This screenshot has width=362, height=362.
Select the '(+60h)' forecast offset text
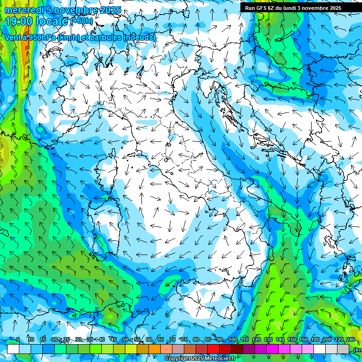pyautogui.click(x=82, y=21)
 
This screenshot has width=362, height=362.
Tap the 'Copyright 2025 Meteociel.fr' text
pyautogui.click(x=200, y=359)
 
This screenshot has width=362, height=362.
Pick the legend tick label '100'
pyautogui.click(x=233, y=340)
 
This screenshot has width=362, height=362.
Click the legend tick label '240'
pyautogui.click(x=351, y=340)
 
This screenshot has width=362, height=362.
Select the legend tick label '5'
pyautogui.click(x=17, y=340)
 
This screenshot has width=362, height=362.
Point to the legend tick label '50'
pyautogui.click(x=125, y=340)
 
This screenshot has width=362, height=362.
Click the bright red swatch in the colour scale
pyautogui.click(x=214, y=349)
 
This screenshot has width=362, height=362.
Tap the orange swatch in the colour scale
pyautogui.click(x=155, y=349)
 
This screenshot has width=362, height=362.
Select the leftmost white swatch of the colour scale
pyautogui.click(x=13, y=349)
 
